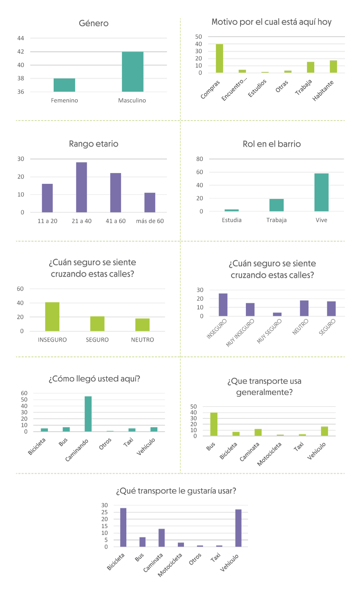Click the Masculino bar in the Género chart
132,72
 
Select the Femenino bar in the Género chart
64,85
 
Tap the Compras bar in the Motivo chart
219,58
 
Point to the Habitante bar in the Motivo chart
333,67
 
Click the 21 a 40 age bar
81,187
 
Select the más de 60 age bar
150,203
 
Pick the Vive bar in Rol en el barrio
321,192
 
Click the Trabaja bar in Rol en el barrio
276,205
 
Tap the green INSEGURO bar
52,317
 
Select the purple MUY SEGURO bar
277,314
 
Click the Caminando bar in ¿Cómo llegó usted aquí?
88,414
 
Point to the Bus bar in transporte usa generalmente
214,424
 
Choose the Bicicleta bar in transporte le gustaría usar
123,527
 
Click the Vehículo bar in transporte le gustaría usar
238,528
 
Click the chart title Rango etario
94,144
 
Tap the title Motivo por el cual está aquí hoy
271,22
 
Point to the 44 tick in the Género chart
21,38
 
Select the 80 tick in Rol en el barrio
199,159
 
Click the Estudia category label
231,220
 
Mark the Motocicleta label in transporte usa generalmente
269,454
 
